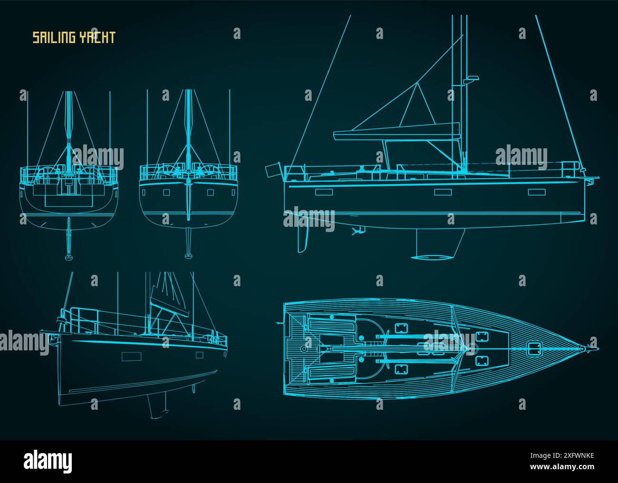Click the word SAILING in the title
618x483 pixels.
pyautogui.click(x=52, y=38)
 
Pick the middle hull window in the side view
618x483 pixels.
pyautogui.click(x=442, y=192)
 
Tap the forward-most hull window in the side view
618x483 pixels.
pyautogui.click(x=536, y=192)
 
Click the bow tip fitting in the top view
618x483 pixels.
pyautogui.click(x=583, y=349)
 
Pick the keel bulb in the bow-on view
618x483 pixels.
pyautogui.click(x=189, y=256)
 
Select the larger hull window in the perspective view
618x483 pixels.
pyautogui.click(x=128, y=357)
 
